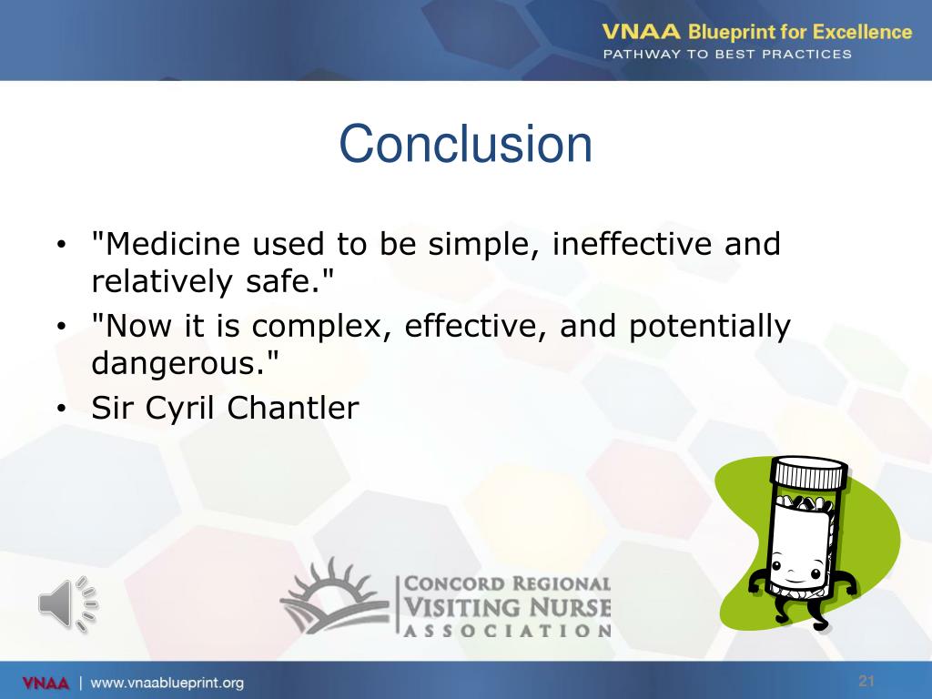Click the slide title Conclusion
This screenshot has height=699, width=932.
[x=465, y=145]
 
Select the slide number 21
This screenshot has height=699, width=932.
[x=866, y=682]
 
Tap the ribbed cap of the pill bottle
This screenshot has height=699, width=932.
[x=808, y=473]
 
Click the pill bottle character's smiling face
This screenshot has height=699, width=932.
[x=792, y=573]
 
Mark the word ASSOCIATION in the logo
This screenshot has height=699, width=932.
[x=507, y=630]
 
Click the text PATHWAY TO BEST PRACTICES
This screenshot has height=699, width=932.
[x=727, y=54]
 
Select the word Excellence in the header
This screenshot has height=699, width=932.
[x=861, y=32]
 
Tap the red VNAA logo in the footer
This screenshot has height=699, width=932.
[x=45, y=683]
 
